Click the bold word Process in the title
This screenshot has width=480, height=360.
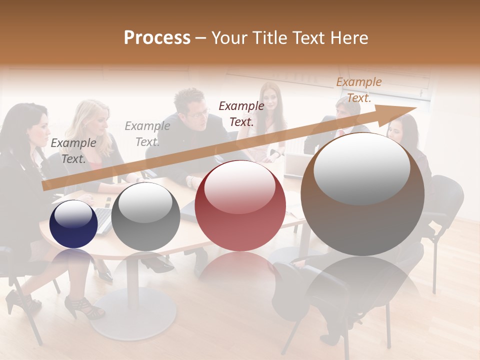tap(157, 38)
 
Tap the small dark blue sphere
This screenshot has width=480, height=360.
tap(73, 224)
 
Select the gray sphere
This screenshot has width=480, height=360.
tap(145, 216)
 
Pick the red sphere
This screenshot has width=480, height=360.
tap(240, 205)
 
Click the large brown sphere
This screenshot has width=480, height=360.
tap(362, 194)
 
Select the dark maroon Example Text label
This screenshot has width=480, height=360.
tap(241, 113)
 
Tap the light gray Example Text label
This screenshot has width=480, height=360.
tap(147, 133)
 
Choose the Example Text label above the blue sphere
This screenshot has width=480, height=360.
tap(73, 151)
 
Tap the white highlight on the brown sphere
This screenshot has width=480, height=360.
tap(361, 169)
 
